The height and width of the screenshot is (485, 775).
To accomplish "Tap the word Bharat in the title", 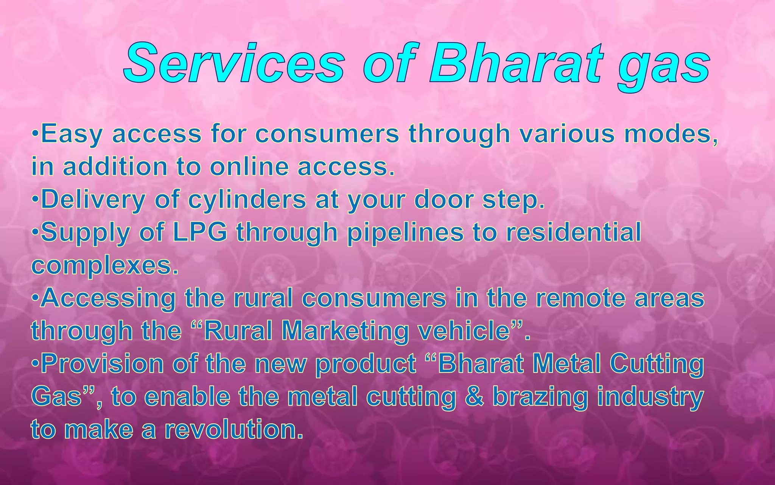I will click(x=517, y=63).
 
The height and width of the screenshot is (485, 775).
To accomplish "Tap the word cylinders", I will click(x=247, y=200).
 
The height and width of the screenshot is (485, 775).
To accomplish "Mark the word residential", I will click(x=574, y=232).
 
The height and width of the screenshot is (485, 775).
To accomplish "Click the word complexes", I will click(x=105, y=266).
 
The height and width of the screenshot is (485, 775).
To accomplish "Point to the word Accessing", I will click(x=108, y=299).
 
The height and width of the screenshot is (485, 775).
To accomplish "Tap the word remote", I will click(x=580, y=298).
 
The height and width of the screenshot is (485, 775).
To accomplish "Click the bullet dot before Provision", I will click(x=35, y=364).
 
